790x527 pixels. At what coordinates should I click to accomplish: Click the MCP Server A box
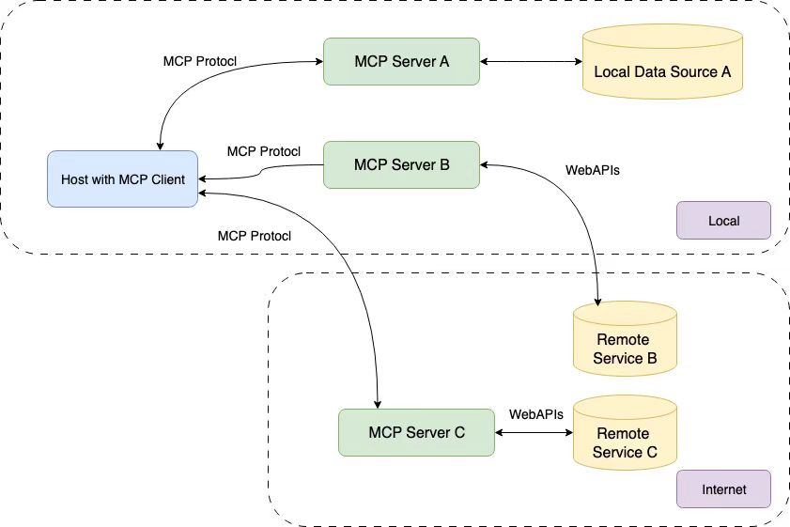pyautogui.click(x=401, y=62)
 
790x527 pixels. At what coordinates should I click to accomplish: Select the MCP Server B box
pyautogui.click(x=401, y=163)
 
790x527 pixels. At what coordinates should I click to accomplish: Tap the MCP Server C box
pyautogui.click(x=416, y=432)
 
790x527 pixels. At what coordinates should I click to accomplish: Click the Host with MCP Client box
pyautogui.click(x=123, y=178)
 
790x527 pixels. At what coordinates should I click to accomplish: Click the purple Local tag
pyautogui.click(x=723, y=221)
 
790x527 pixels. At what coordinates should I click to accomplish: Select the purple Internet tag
pyautogui.click(x=723, y=489)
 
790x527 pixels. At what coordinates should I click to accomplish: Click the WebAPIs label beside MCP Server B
pyautogui.click(x=592, y=171)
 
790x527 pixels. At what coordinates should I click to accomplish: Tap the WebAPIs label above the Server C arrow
pyautogui.click(x=535, y=413)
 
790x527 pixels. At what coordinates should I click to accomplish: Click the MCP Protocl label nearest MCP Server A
pyautogui.click(x=199, y=61)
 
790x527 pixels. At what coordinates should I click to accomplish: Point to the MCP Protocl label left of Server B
pyautogui.click(x=263, y=151)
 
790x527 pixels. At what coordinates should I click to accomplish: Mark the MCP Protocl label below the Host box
pyautogui.click(x=254, y=236)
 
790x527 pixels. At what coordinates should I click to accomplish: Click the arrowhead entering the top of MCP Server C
pyautogui.click(x=378, y=403)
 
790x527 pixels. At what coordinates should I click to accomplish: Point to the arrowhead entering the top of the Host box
pyautogui.click(x=162, y=145)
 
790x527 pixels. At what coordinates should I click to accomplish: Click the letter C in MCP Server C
pyautogui.click(x=459, y=432)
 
